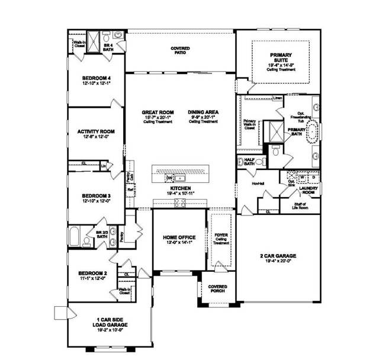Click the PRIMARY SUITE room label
[277, 55]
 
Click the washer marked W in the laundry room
[303, 176]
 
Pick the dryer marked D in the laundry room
[314, 176]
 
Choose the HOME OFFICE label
[179, 237]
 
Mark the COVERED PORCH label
[218, 288]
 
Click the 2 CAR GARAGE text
[277, 256]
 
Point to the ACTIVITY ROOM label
[95, 131]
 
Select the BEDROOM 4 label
[95, 77]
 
